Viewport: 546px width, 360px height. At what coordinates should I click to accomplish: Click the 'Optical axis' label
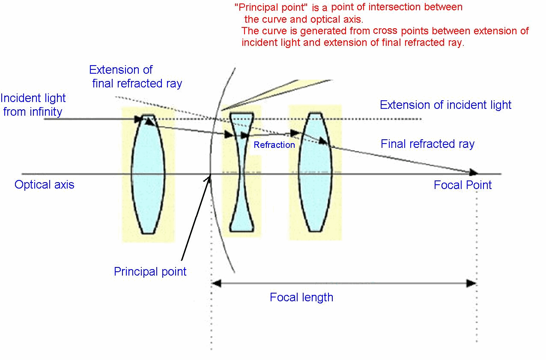pyautogui.click(x=45, y=185)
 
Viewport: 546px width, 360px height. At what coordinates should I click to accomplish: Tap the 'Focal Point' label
pyautogui.click(x=462, y=185)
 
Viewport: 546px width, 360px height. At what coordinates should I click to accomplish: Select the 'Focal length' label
pyautogui.click(x=301, y=297)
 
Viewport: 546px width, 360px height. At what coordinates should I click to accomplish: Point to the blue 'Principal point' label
pyautogui.click(x=150, y=271)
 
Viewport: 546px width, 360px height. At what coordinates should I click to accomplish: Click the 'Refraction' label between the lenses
pyautogui.click(x=274, y=145)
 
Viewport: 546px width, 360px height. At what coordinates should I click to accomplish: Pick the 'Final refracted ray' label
pyautogui.click(x=427, y=144)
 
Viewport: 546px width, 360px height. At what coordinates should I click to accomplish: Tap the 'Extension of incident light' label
pyautogui.click(x=445, y=105)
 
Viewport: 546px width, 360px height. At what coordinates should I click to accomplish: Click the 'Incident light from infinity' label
pyautogui.click(x=33, y=105)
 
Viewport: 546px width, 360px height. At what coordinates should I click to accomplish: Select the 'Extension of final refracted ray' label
pyautogui.click(x=135, y=77)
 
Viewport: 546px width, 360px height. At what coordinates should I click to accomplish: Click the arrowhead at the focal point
pyautogui.click(x=473, y=172)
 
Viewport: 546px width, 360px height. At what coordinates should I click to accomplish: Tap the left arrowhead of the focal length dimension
pyautogui.click(x=216, y=283)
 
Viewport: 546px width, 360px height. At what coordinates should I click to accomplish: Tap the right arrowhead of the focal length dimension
pyautogui.click(x=471, y=283)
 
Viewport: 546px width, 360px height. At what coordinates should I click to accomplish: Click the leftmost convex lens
pyautogui.click(x=148, y=174)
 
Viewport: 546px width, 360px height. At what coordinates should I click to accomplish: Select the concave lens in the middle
pyautogui.click(x=242, y=172)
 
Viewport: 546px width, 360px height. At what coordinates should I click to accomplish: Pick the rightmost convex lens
pyautogui.click(x=315, y=172)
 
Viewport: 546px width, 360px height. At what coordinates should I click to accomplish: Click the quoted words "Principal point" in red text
pyautogui.click(x=271, y=7)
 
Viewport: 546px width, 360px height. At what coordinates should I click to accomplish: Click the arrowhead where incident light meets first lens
pyautogui.click(x=138, y=119)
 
